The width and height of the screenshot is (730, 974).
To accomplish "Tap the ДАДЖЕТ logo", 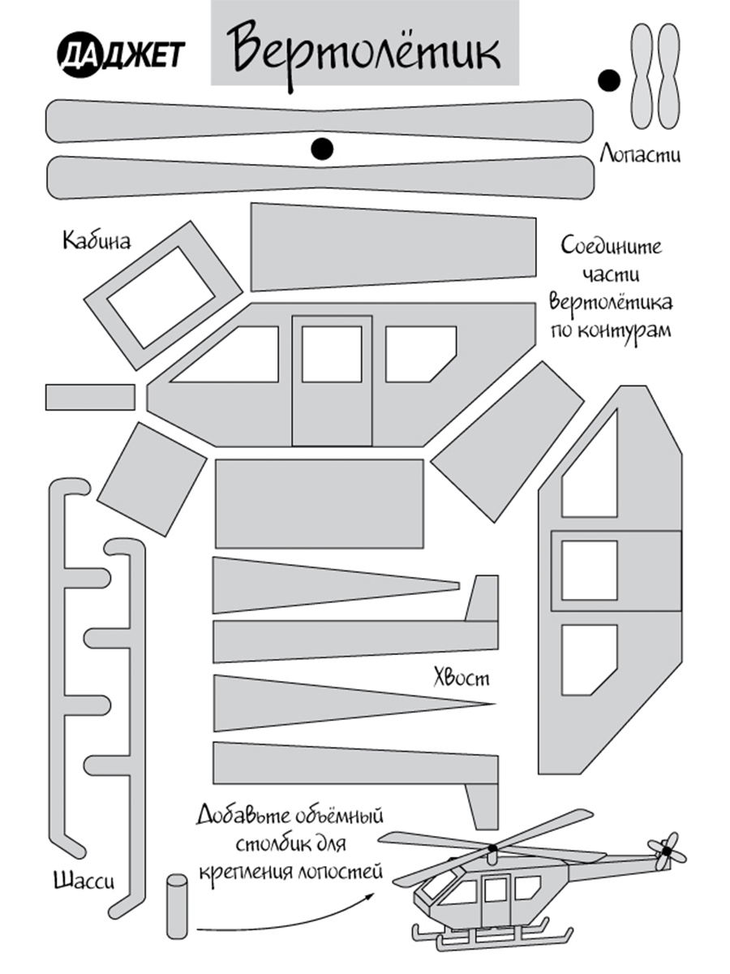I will pos(121,54).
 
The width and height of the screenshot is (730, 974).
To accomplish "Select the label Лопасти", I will pos(639,153).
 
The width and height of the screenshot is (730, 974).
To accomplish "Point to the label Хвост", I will pos(461,676).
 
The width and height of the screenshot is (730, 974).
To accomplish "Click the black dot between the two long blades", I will pos(322,148).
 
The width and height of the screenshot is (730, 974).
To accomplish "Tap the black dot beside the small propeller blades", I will pos(608,80).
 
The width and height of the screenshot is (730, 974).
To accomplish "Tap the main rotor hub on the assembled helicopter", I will pos(492,849).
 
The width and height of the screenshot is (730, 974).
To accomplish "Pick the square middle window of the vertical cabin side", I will pos(590,570).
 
